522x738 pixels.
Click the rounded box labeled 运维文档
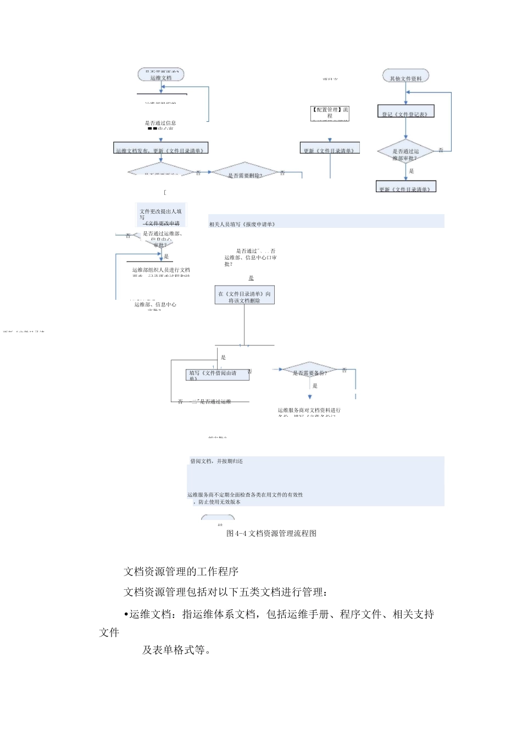(161, 75)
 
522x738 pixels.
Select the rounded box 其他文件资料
(406, 76)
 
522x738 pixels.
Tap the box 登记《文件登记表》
(406, 112)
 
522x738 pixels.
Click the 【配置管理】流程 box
(330, 113)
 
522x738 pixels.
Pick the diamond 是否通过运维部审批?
(406, 154)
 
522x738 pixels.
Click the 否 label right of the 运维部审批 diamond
(441, 150)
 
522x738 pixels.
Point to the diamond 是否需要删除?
(245, 174)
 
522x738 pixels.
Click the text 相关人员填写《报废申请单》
(242, 224)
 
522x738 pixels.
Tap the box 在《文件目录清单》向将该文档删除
(245, 297)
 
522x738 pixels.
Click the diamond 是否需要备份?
(309, 372)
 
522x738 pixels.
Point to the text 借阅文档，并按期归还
(216, 461)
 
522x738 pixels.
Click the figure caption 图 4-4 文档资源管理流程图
(271, 533)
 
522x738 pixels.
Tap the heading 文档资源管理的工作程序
(181, 572)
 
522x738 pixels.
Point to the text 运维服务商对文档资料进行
(309, 410)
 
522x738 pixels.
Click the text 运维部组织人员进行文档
(161, 270)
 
